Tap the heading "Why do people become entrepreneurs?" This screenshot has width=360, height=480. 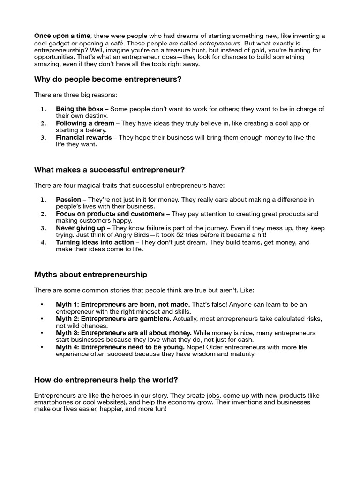coord(108,79)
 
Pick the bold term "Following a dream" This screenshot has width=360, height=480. coord(85,123)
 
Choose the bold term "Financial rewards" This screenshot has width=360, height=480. coord(84,138)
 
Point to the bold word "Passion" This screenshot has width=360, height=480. coord(68,199)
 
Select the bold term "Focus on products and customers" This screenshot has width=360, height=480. coord(110,214)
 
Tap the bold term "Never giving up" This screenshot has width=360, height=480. coord(81,228)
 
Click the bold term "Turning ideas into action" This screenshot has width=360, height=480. coord(95,243)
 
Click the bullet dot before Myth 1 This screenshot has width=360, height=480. coord(43,305)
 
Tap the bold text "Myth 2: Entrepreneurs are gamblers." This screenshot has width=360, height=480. coord(113,319)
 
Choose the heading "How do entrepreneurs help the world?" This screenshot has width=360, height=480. coord(106,380)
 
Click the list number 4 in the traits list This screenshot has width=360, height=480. coord(43,243)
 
